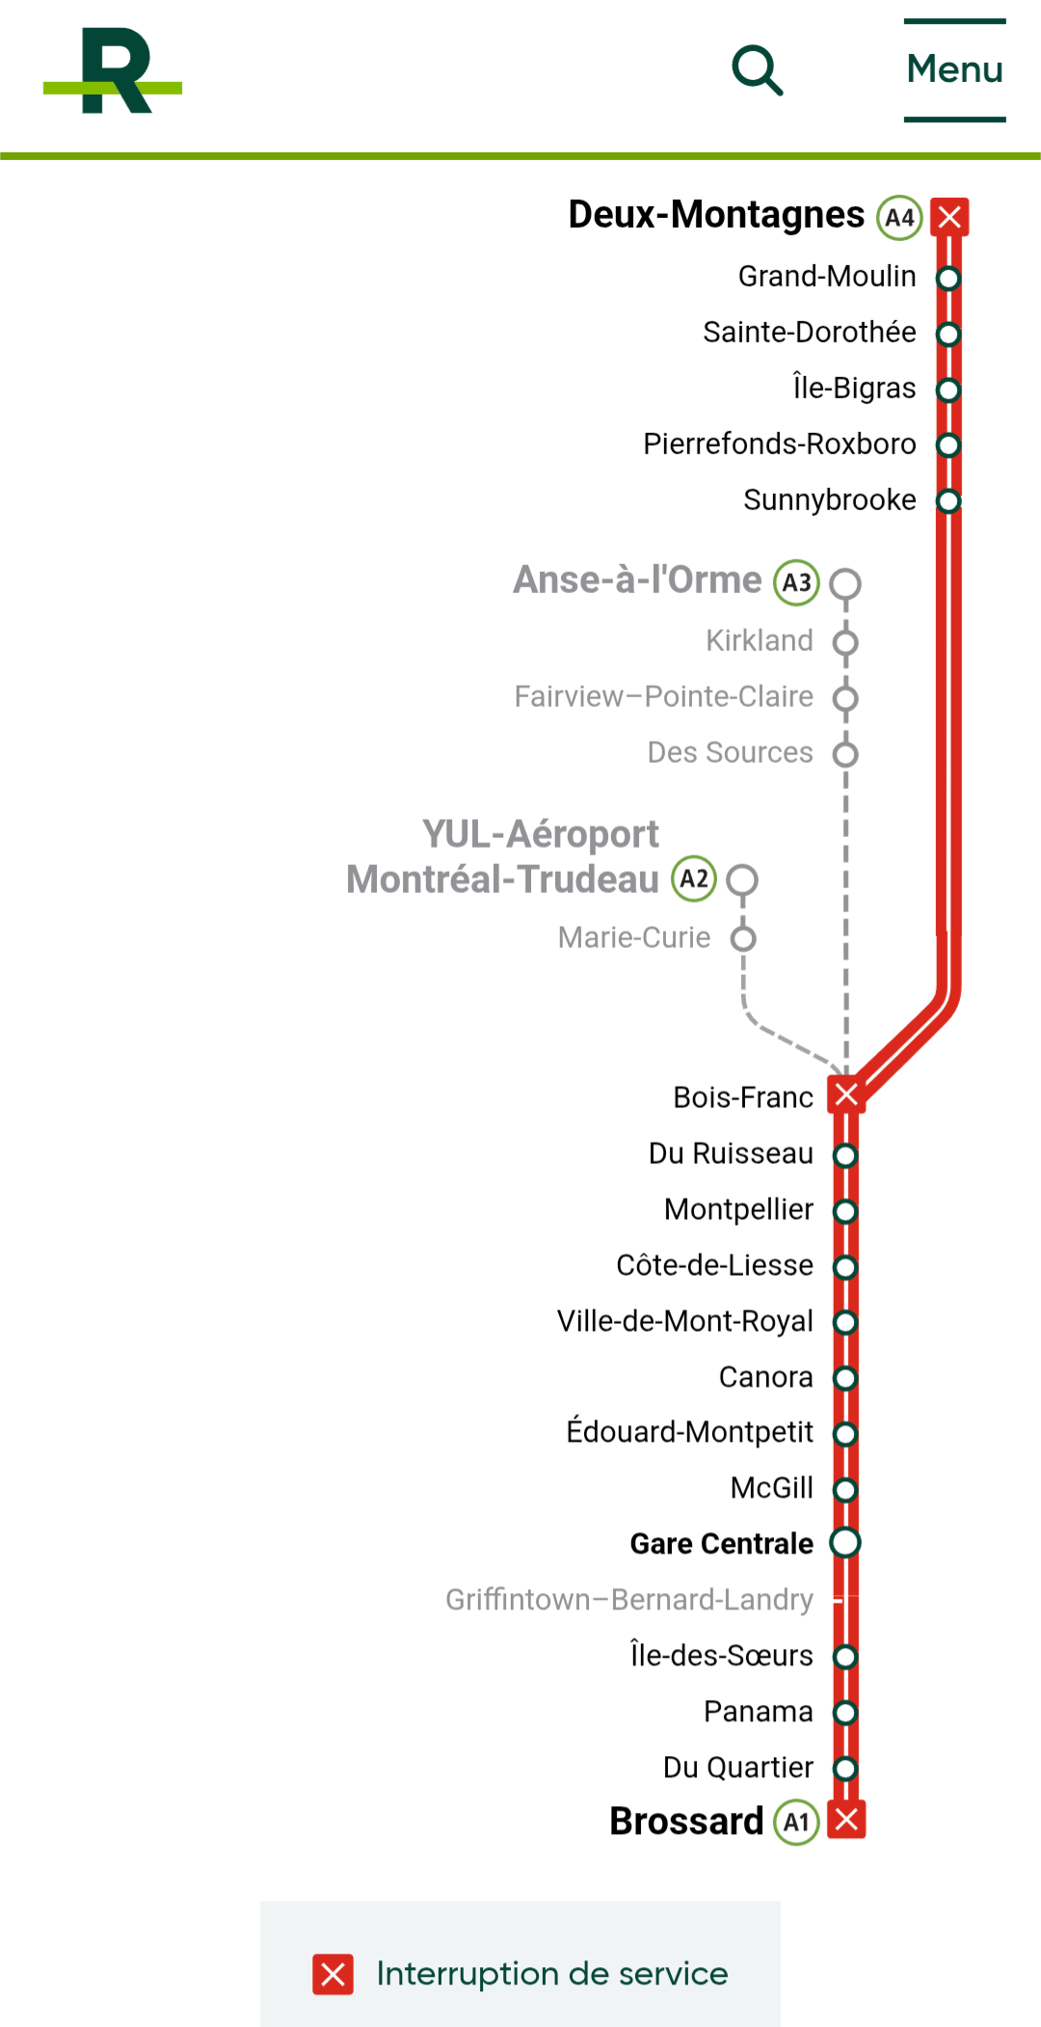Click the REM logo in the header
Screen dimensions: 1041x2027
coord(113,70)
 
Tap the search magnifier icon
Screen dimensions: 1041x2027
coord(758,70)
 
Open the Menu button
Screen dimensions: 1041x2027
coord(955,69)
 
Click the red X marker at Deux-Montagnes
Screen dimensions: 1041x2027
coord(949,216)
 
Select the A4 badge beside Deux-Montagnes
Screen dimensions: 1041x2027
coord(899,217)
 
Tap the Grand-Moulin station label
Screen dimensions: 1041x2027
coord(827,277)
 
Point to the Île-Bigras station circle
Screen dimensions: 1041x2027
coord(949,390)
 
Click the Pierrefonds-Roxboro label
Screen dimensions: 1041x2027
coord(780,445)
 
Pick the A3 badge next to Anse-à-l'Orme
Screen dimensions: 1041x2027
coord(796,582)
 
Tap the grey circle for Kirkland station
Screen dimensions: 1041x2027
coord(845,641)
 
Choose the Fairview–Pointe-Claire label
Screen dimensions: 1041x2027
coord(664,696)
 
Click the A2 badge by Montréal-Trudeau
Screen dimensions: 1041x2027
coord(694,878)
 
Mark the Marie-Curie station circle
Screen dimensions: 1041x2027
coord(743,938)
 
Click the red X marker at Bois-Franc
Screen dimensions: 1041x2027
coord(846,1095)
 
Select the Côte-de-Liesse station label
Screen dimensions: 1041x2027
coord(715,1265)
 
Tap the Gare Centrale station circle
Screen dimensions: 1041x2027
coord(845,1542)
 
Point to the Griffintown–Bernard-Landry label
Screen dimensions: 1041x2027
coord(629,1600)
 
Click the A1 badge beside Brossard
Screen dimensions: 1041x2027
coord(796,1823)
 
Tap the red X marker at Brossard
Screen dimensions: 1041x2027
coord(846,1820)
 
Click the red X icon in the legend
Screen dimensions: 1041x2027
coord(333,1975)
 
